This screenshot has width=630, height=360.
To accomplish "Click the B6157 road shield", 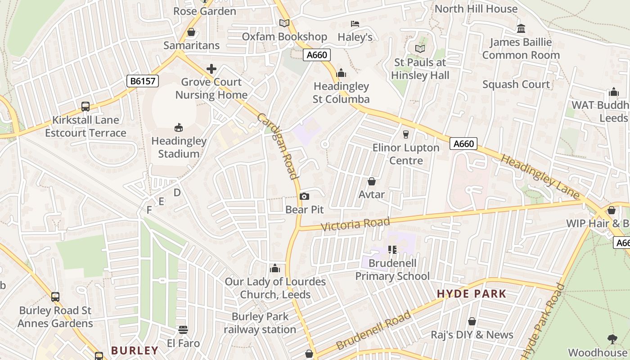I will [x=143, y=81].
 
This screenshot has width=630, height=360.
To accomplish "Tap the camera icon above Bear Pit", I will [x=304, y=196].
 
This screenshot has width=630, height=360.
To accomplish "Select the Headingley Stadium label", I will [x=179, y=147].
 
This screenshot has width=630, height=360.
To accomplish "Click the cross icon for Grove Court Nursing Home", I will [x=211, y=69].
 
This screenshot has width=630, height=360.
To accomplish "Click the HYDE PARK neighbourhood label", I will [x=472, y=294].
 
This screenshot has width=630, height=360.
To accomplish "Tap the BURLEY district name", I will [x=135, y=350].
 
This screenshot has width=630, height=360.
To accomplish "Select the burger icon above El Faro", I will [x=183, y=330].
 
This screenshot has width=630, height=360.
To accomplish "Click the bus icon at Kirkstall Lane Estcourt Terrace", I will [x=85, y=107].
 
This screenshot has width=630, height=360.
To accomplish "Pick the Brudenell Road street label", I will [x=373, y=330].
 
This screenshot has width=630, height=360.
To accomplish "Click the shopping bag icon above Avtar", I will [x=372, y=181].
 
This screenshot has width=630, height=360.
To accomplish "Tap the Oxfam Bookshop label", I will [x=284, y=37].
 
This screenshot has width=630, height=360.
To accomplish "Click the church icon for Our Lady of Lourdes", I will [x=274, y=269].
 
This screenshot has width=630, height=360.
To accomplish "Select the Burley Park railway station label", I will [x=260, y=323].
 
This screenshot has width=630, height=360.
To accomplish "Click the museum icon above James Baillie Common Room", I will [x=521, y=29].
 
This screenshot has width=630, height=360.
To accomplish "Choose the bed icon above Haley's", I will [x=355, y=23].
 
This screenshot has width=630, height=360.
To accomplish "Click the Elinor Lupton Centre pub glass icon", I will [x=406, y=134].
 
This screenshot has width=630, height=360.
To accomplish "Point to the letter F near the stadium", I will [x=149, y=210].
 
